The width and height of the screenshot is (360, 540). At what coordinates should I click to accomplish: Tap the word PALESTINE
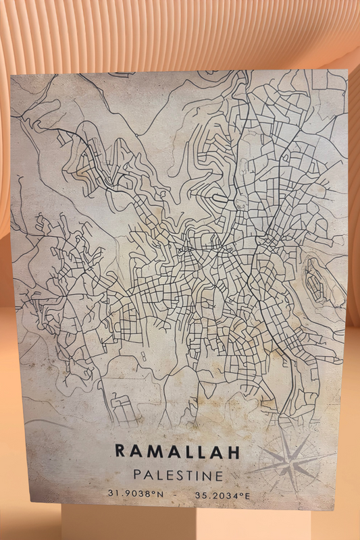[178, 475]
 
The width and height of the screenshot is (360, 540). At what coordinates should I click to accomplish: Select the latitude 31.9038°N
[135, 494]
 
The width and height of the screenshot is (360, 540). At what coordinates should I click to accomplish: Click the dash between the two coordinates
[177, 495]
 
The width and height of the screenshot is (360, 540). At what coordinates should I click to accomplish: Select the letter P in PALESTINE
[138, 475]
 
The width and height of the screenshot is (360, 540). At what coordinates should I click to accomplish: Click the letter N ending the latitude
[161, 494]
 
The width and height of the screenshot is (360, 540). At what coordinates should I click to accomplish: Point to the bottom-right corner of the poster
[336, 510]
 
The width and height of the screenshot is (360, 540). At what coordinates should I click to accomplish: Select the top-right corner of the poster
[347, 69]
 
